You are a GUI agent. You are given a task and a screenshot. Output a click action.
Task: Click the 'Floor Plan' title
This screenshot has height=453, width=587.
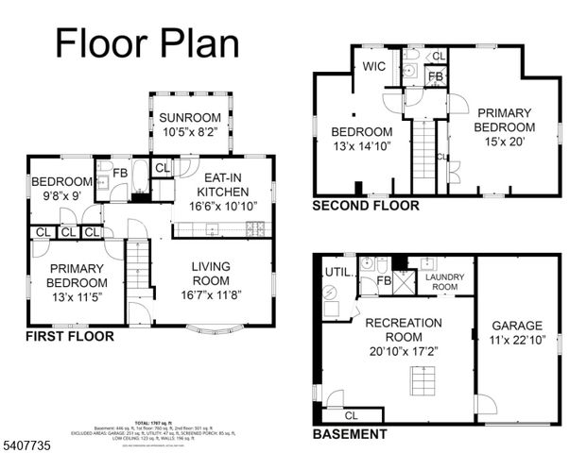(x=147, y=42)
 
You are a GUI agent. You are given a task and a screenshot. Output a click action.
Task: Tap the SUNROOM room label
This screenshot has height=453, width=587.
(x=188, y=118)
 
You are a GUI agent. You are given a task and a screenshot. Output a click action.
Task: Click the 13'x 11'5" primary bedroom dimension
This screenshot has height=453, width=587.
(x=78, y=297)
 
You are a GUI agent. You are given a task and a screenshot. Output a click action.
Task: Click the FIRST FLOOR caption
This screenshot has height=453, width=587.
(x=71, y=336)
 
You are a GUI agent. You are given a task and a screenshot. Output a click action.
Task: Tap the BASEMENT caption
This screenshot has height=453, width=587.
(x=350, y=434)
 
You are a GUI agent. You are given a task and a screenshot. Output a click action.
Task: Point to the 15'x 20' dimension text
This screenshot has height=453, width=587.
(x=503, y=143)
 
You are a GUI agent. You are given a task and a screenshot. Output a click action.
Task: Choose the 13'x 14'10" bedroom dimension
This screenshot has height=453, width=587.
(x=360, y=146)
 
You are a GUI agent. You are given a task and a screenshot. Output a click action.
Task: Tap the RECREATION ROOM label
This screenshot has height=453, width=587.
(x=404, y=330)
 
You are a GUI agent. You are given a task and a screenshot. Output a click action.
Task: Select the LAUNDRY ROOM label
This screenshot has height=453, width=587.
(x=444, y=282)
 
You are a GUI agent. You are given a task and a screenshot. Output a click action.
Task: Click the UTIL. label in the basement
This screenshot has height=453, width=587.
(x=337, y=272)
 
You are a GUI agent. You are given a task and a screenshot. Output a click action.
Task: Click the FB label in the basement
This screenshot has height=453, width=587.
(x=385, y=280)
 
